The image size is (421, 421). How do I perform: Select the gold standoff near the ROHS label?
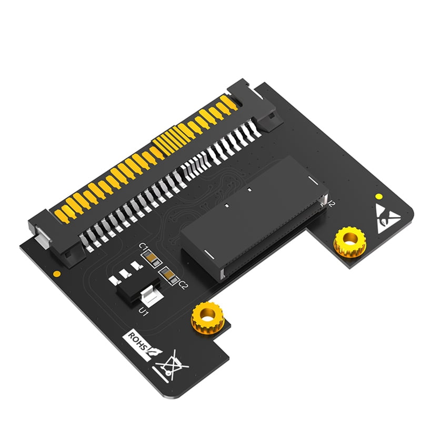tap(207, 317)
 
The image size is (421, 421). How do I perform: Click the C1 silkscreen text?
tap(142, 248)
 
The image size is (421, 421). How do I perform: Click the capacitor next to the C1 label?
tap(151, 258)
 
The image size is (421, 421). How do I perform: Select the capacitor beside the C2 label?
tap(169, 274)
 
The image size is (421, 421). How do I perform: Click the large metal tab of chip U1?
tap(150, 298)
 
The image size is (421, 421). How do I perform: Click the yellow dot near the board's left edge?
tap(56, 274)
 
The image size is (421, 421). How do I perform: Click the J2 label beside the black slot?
tap(331, 202)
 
